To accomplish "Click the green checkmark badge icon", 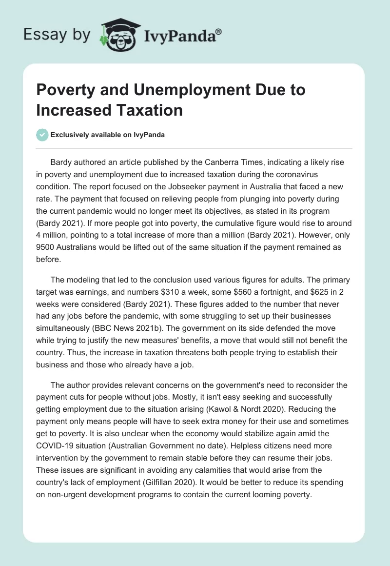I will tap(42, 135).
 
